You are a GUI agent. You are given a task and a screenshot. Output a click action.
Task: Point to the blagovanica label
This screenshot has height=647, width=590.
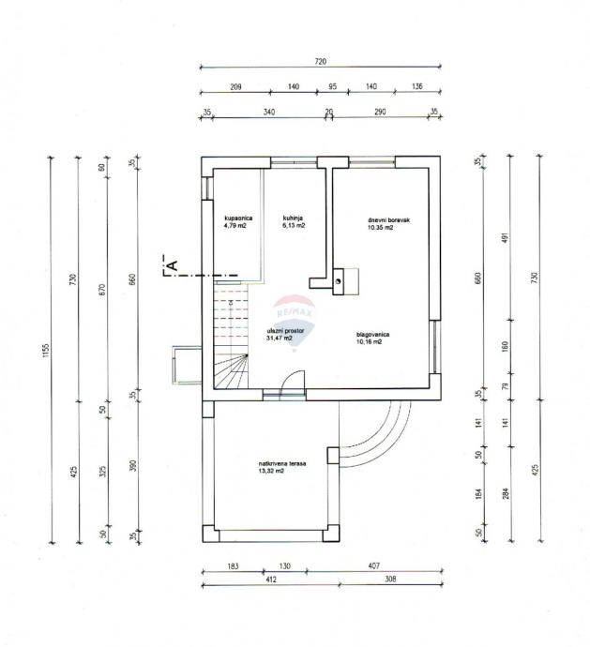[x=372, y=334]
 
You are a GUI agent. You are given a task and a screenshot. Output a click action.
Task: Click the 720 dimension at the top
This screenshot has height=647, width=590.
[x=320, y=61]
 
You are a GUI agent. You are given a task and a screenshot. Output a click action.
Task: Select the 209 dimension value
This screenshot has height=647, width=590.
[x=235, y=86]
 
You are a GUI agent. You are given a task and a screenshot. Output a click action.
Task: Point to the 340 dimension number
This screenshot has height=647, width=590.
[x=269, y=112]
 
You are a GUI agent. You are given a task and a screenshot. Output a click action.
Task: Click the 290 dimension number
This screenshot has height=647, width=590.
[x=380, y=112]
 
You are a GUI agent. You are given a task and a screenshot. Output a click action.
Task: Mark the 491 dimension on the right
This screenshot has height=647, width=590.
[x=504, y=239]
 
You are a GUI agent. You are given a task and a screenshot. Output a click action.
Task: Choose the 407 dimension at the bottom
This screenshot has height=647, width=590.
[x=374, y=566]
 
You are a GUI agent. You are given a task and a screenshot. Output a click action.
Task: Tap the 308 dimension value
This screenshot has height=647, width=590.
[x=388, y=579]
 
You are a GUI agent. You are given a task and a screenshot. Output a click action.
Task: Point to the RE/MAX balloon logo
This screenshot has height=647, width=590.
[x=295, y=316]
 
